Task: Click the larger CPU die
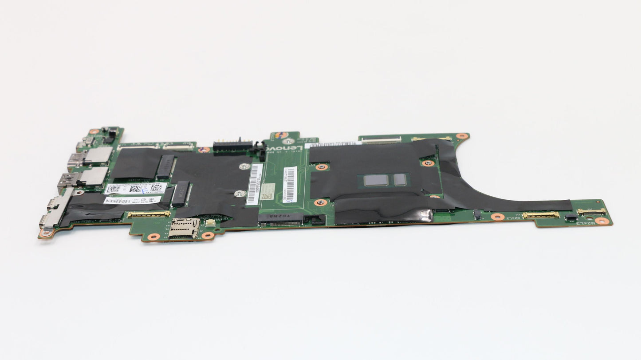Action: click(376, 180)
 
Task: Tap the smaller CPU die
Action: click(400, 179)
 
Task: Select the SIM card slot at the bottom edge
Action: click(184, 228)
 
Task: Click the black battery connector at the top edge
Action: click(232, 145)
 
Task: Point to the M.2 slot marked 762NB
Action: click(281, 218)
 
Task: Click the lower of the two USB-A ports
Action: click(83, 178)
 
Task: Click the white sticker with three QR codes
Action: click(136, 189)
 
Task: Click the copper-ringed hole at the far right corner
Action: click(602, 221)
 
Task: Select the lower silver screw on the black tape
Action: click(240, 193)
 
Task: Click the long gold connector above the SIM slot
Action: click(149, 214)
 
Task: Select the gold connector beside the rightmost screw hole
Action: click(591, 211)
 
